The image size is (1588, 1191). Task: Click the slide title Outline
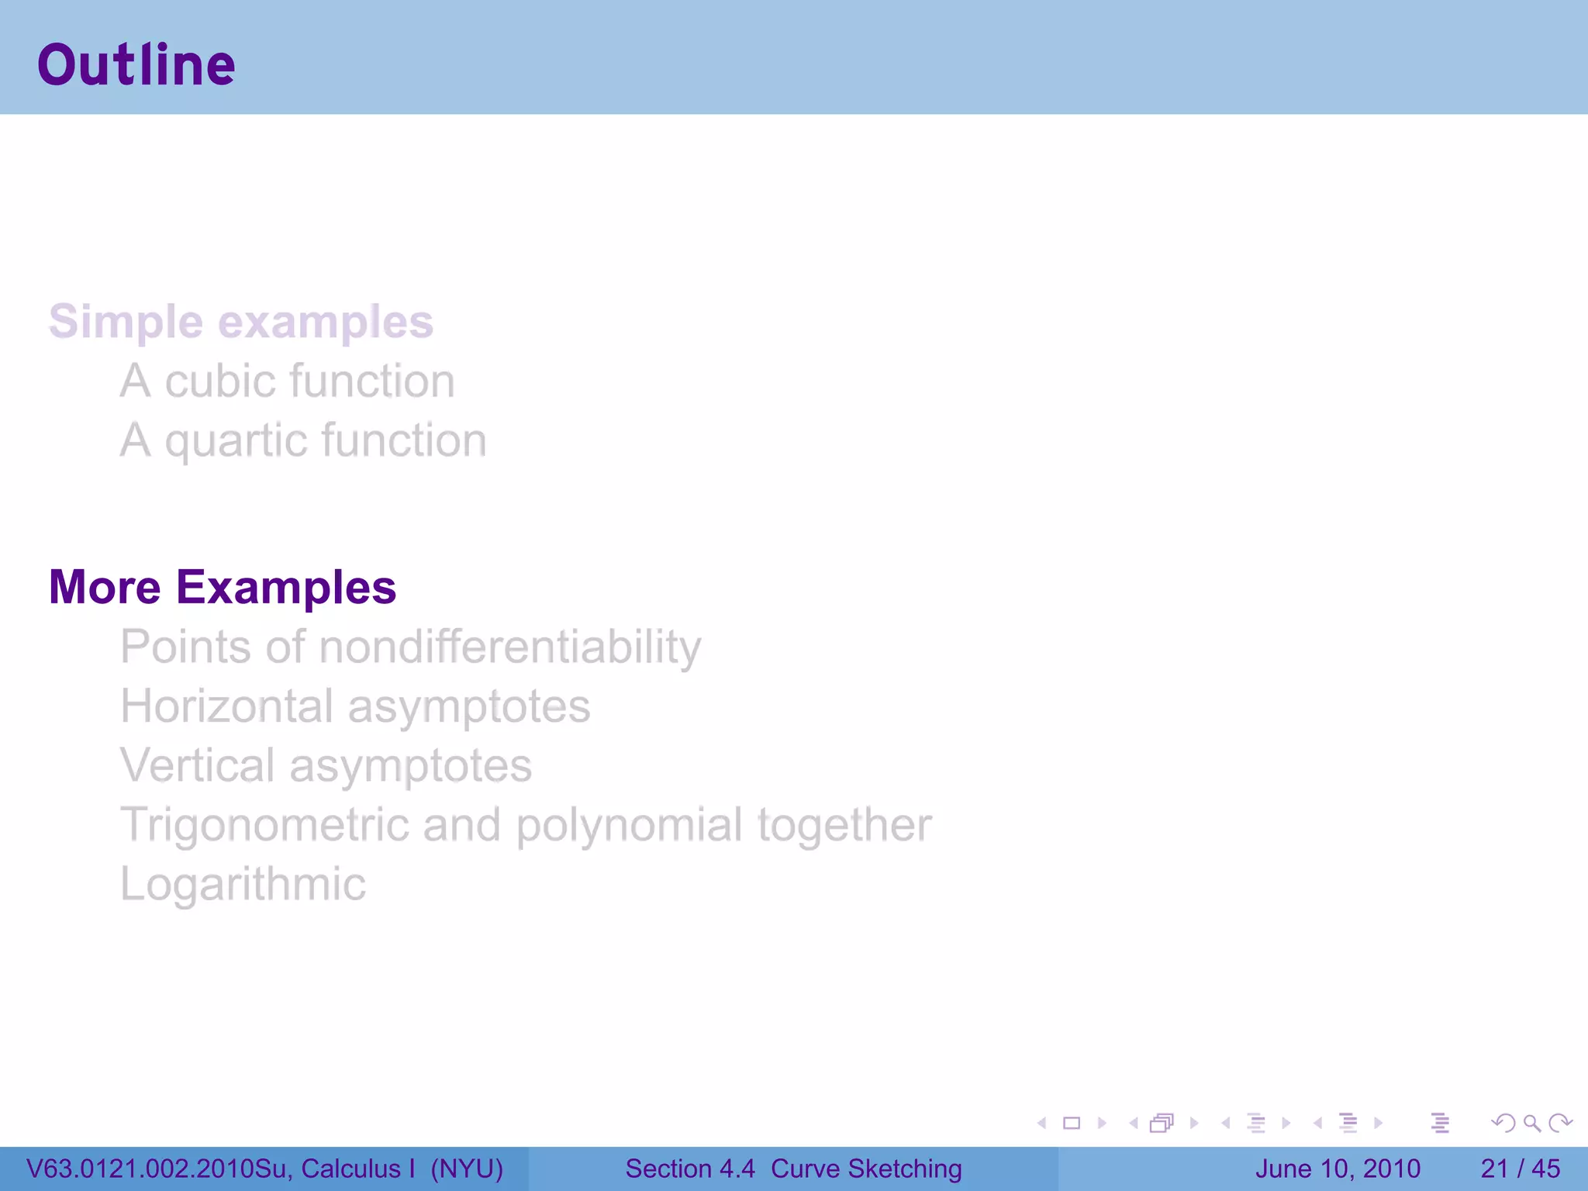(136, 65)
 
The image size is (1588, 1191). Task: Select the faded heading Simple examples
(240, 322)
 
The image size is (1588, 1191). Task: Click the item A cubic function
(287, 381)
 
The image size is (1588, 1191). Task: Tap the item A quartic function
(302, 440)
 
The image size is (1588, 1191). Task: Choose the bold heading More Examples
(223, 587)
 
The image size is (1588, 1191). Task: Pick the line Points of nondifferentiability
(410, 647)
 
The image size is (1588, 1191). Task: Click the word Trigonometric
(264, 824)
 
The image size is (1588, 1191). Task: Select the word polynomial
(629, 824)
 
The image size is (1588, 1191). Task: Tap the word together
(844, 824)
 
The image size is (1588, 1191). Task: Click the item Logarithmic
(243, 884)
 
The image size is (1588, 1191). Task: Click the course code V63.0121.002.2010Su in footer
(158, 1169)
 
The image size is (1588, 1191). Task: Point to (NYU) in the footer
(467, 1169)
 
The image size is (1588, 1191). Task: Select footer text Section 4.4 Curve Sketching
(793, 1169)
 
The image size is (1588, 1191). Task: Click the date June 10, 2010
(1338, 1169)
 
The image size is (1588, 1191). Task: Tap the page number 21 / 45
(1520, 1169)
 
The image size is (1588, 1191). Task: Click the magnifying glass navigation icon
(1531, 1123)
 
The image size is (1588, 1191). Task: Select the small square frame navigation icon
(1072, 1123)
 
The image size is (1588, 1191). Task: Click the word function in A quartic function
(404, 440)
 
